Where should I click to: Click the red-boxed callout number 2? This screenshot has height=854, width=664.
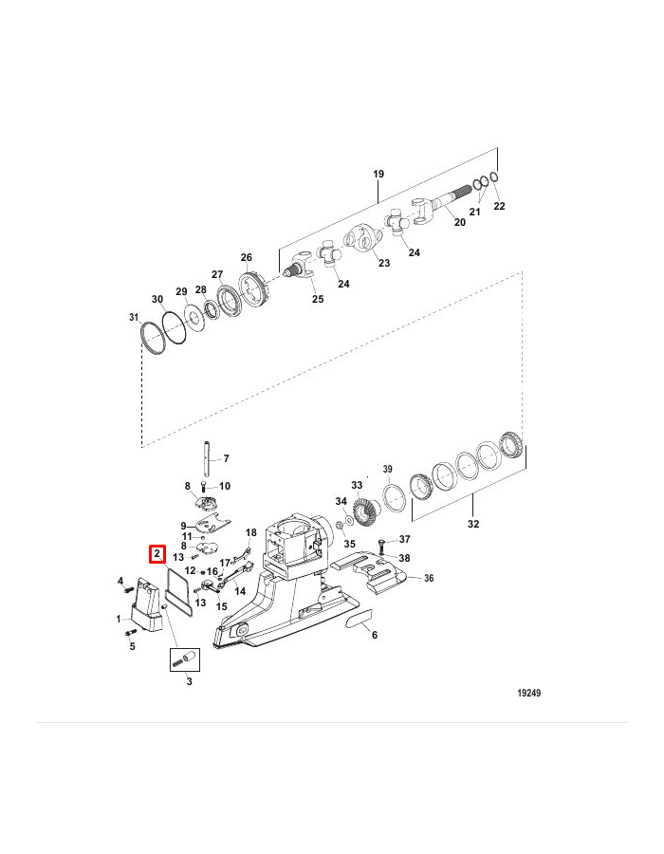coord(156,555)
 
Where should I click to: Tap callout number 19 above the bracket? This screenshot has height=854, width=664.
coord(378,175)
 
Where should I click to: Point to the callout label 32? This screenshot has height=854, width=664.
coord(473,525)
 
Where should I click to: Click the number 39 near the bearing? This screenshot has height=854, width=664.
coord(387,470)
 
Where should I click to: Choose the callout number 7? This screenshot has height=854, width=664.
coord(226,458)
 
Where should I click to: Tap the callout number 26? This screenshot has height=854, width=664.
coord(247,257)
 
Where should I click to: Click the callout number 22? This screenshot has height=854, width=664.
coord(500,206)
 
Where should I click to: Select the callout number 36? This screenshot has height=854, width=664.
coord(428,578)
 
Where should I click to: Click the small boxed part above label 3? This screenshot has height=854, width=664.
coord(182,658)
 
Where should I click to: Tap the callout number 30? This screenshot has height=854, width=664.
coord(157,299)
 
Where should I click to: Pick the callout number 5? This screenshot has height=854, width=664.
coord(132,647)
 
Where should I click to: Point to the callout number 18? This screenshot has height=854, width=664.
coord(251,532)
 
